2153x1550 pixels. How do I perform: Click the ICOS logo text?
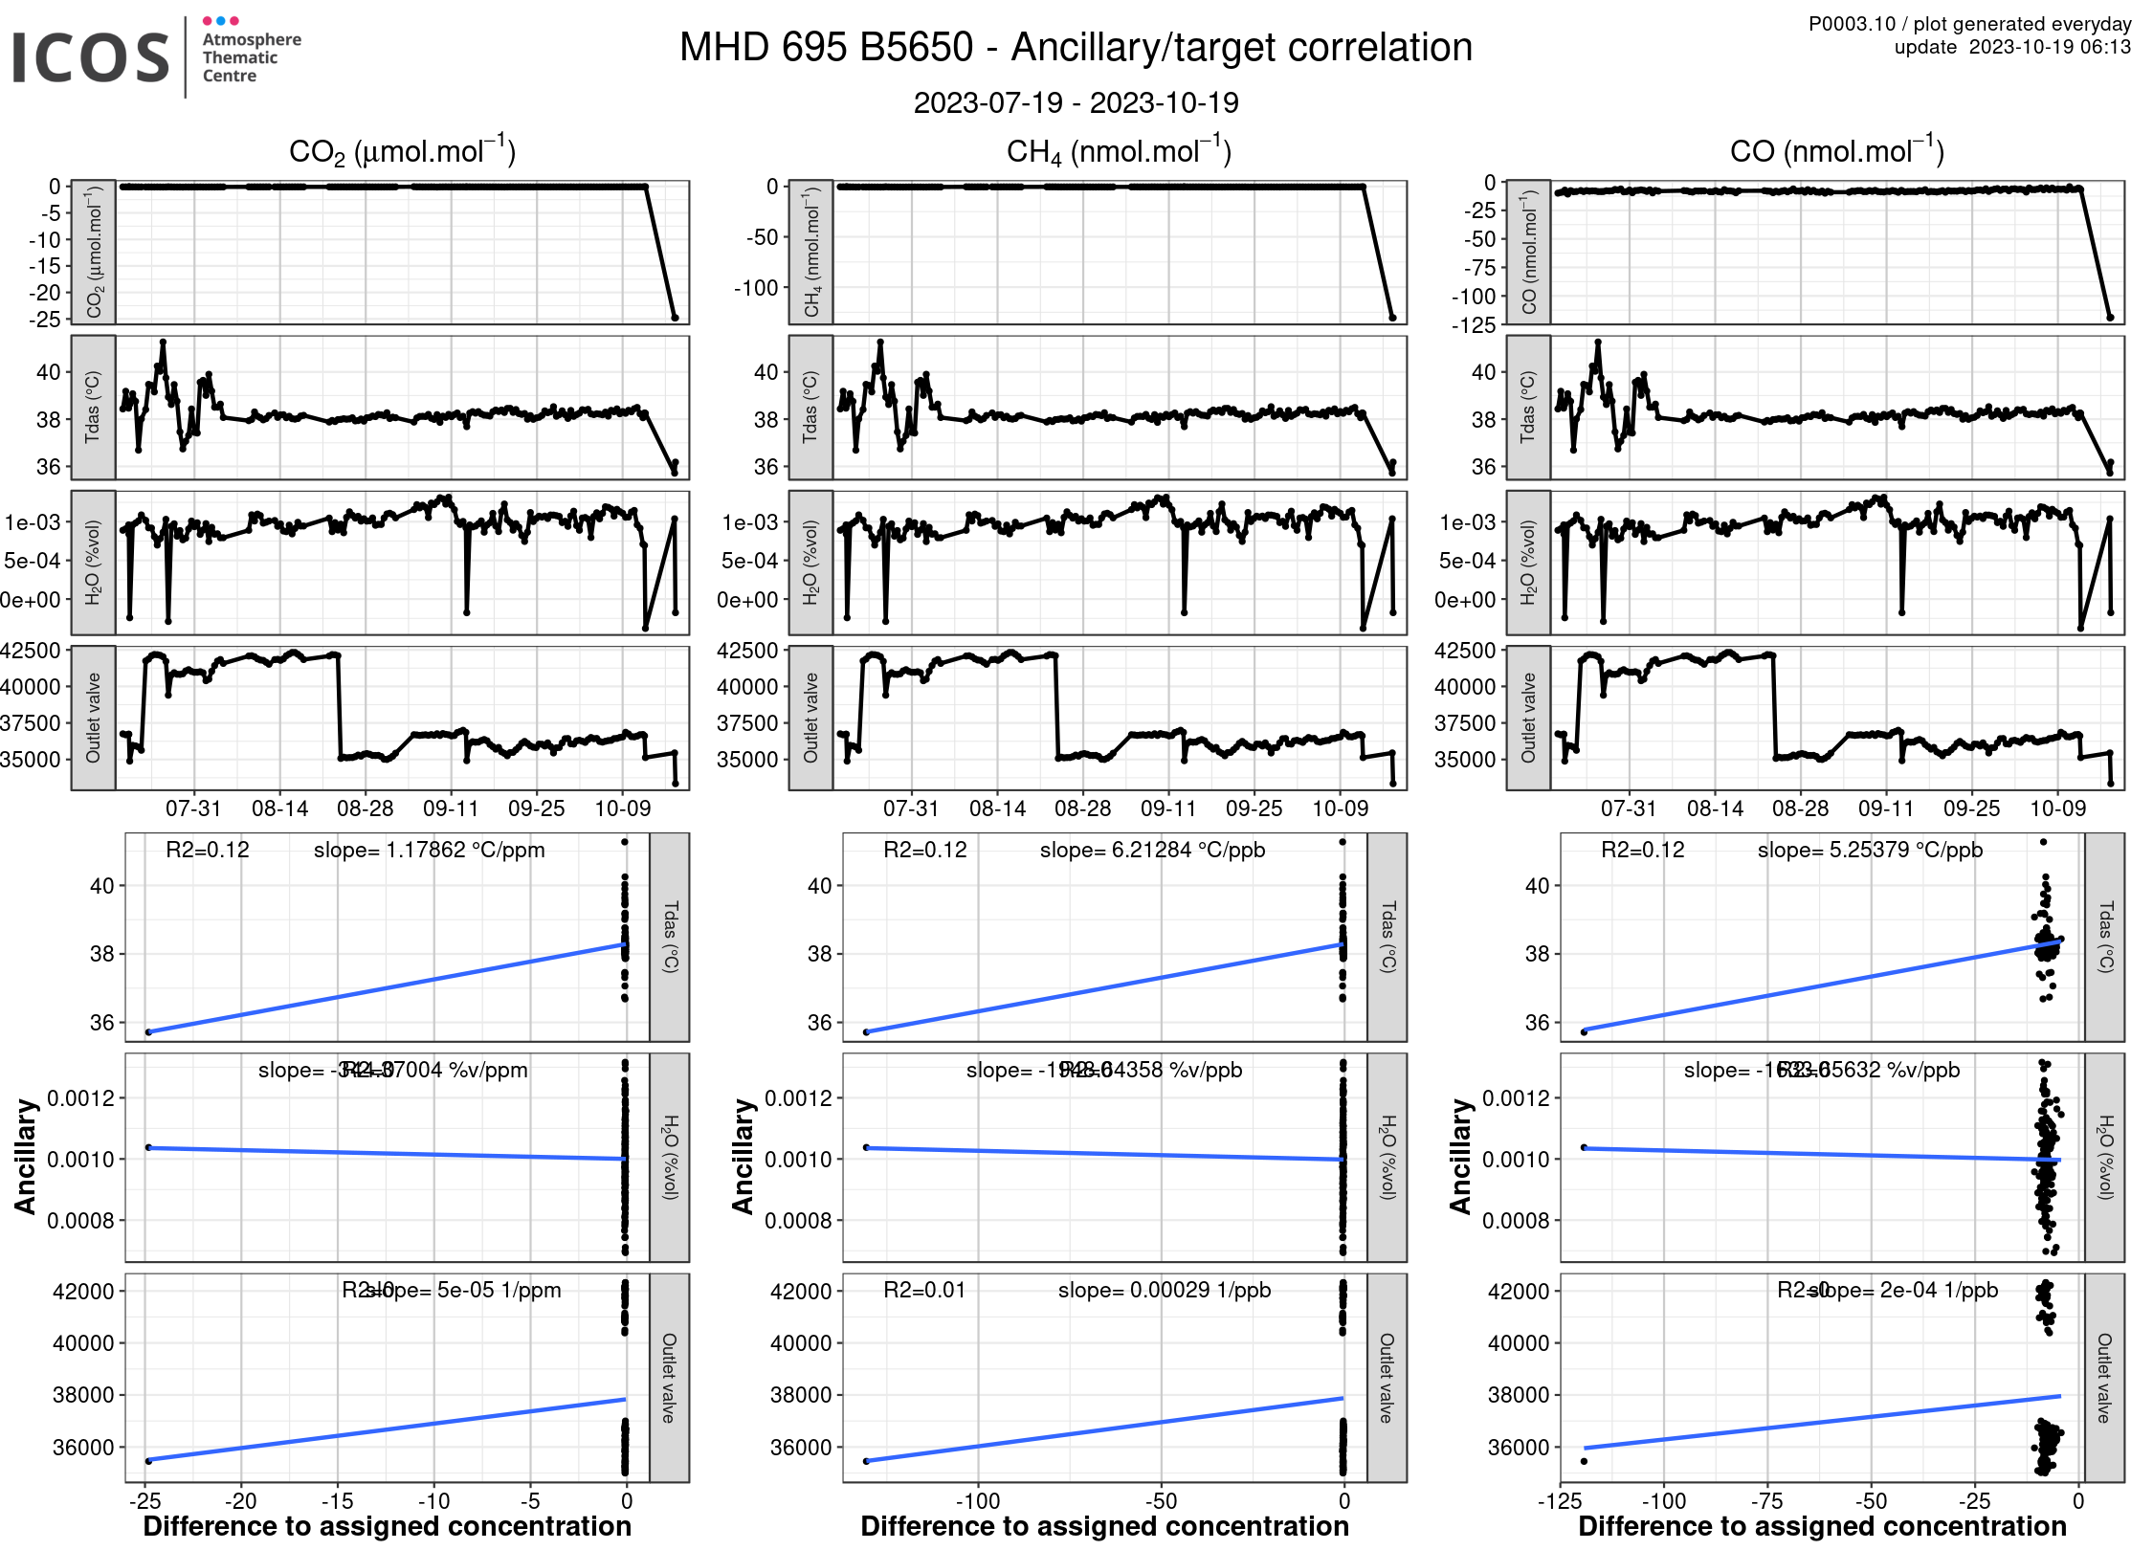(x=90, y=57)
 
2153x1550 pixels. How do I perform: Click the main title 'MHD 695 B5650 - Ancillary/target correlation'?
(x=1076, y=48)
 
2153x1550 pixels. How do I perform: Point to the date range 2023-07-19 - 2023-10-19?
(x=1076, y=102)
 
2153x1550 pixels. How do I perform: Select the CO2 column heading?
(x=402, y=151)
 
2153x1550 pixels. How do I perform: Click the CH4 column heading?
(x=1119, y=151)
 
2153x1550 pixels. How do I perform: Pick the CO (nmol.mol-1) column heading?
(x=1836, y=151)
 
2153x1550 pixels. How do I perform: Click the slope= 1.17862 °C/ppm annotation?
(x=429, y=850)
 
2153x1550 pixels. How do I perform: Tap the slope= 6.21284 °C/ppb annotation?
(x=1152, y=850)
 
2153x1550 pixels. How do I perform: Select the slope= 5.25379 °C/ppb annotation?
(x=1870, y=850)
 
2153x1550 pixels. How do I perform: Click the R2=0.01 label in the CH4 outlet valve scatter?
(x=924, y=1290)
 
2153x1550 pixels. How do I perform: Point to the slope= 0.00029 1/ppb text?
(x=1165, y=1290)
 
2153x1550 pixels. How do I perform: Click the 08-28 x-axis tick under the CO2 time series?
(x=365, y=808)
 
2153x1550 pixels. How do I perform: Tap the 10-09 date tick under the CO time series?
(x=2057, y=808)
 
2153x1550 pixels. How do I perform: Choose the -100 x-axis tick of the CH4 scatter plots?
(x=977, y=1500)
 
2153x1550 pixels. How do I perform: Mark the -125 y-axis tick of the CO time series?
(x=1473, y=325)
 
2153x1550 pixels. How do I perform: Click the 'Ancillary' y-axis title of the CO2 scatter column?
(x=26, y=1156)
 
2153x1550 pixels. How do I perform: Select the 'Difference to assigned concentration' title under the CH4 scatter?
(x=1104, y=1526)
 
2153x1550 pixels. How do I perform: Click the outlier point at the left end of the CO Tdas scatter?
(x=1584, y=1031)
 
